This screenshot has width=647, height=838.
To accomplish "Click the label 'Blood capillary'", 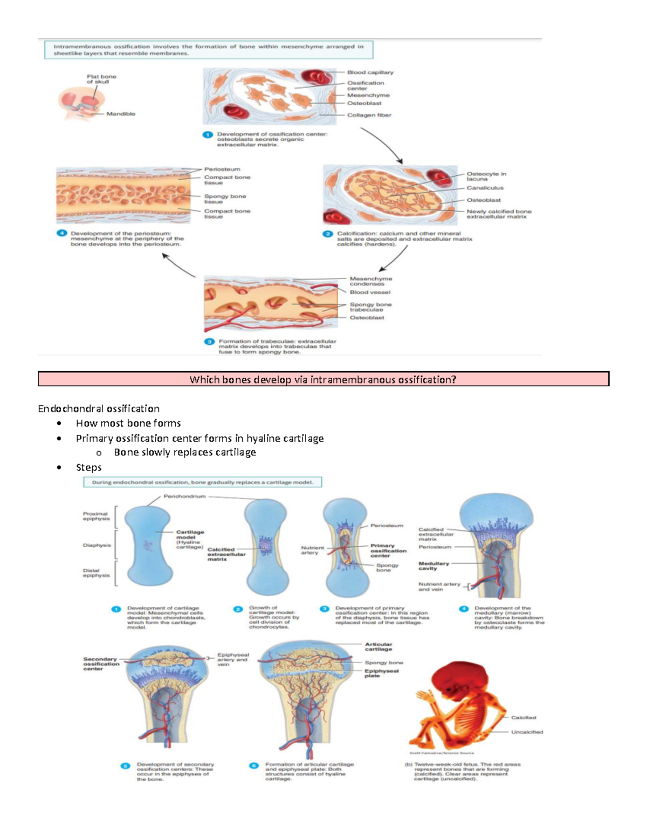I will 370,72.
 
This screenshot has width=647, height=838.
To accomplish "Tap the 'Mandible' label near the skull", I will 121,114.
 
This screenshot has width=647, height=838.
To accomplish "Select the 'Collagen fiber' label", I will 369,115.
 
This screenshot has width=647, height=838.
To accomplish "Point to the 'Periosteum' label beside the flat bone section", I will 222,169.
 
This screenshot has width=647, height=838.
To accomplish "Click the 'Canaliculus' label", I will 485,188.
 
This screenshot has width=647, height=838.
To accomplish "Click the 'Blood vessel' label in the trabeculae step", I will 370,292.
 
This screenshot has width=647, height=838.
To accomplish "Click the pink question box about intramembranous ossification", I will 323,379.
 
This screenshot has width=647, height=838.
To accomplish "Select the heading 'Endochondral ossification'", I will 99,408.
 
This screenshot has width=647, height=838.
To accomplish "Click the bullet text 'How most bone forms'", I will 128,423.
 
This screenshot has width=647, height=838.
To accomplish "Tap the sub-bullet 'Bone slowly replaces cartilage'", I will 184,452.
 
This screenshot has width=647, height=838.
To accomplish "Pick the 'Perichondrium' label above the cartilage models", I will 184,496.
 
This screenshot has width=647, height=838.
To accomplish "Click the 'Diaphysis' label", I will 97,545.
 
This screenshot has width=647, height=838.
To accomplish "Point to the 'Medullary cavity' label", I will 433,566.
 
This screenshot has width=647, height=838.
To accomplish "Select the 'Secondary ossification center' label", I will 100,664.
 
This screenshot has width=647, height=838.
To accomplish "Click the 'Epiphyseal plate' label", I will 381,673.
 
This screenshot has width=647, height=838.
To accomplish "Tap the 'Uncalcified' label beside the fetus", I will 527,732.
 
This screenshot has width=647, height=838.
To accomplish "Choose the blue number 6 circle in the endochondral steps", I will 254,765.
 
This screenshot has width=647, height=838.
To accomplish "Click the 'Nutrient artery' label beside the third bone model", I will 312,550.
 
